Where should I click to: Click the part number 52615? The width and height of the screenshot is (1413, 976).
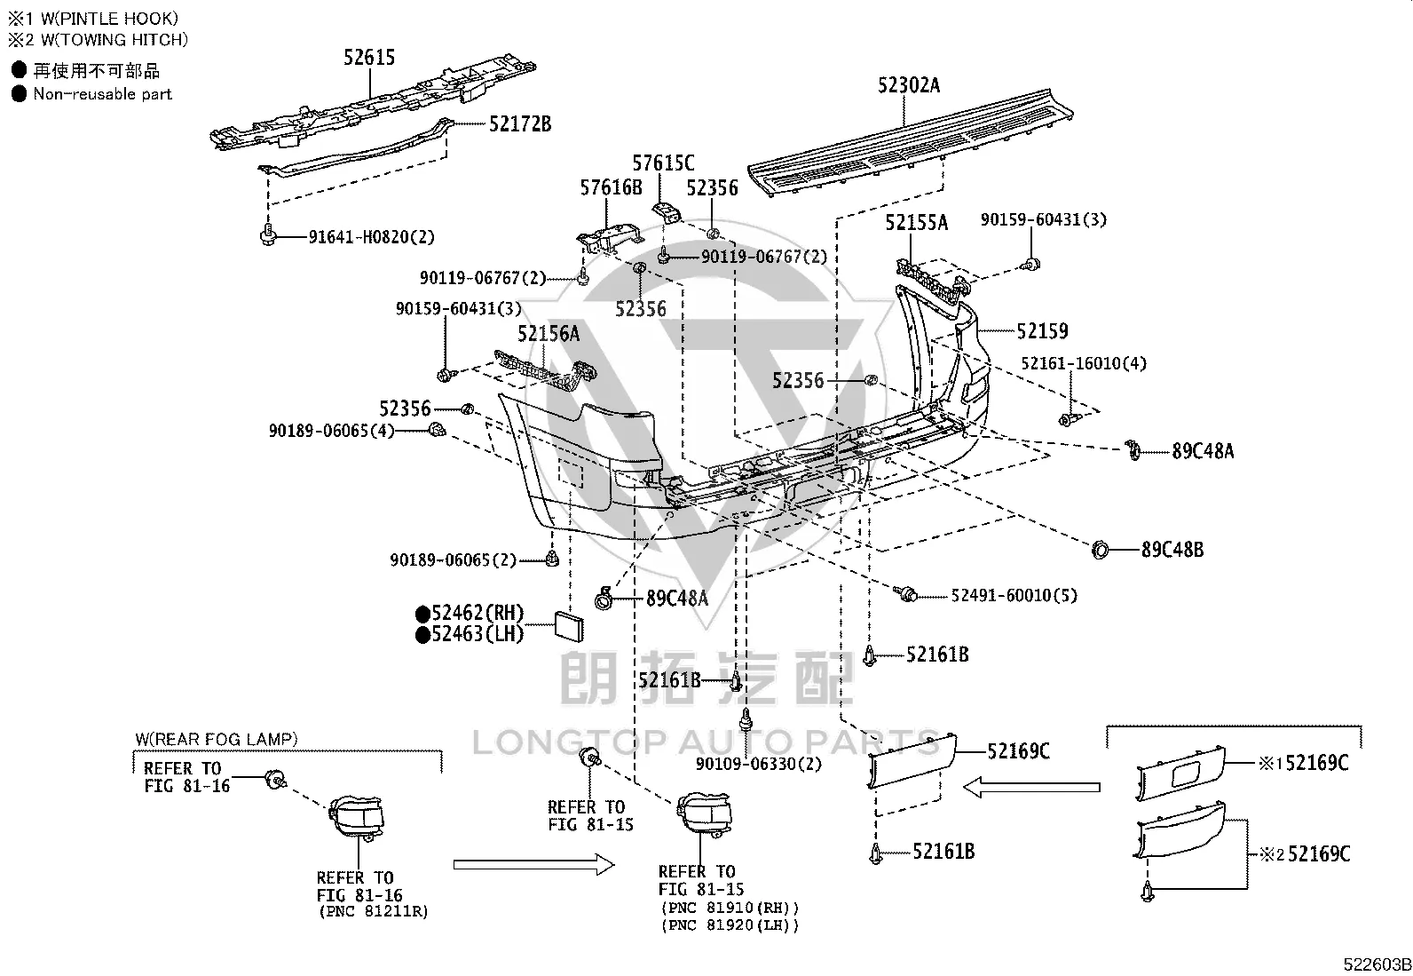pos(369,58)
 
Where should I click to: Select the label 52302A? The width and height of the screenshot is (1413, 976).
pos(908,84)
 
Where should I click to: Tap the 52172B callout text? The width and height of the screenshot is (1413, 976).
pos(520,123)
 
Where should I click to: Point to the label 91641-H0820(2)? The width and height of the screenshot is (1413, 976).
pos(372,237)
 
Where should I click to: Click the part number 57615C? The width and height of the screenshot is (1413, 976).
pos(663,163)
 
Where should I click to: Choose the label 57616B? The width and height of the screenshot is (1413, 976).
pos(611,187)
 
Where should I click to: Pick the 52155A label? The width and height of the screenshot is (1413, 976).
pos(916,222)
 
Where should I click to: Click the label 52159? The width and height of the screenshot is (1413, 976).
pos(1042,330)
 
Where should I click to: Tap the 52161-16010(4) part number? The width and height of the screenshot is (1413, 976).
pos(1084,363)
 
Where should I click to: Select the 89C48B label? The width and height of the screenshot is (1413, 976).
pos(1172,550)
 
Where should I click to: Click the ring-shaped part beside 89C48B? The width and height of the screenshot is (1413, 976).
pos(1100,550)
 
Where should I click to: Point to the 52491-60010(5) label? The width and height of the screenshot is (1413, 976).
pos(1014,595)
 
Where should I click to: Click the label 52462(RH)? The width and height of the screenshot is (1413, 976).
pos(478,613)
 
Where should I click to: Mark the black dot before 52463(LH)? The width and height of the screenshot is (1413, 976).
pos(422,634)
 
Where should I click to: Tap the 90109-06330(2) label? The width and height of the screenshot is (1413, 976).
pos(758,764)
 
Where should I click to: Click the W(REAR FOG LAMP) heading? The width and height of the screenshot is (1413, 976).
pos(217,739)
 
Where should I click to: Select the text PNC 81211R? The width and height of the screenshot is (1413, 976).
pos(374,911)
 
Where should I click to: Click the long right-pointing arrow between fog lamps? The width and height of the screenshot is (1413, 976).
pos(533,864)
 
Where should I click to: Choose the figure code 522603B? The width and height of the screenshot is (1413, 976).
pos(1377,964)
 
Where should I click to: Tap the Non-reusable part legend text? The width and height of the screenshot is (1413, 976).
pos(103,94)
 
